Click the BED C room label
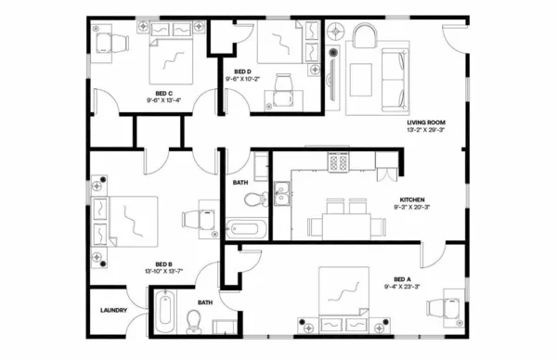(162, 93)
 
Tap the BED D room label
(241, 71)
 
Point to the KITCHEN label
(413, 199)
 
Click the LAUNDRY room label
(113, 324)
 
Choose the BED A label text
(401, 277)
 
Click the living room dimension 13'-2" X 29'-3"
(426, 132)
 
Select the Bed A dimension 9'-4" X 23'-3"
(401, 286)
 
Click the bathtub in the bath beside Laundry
(165, 313)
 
